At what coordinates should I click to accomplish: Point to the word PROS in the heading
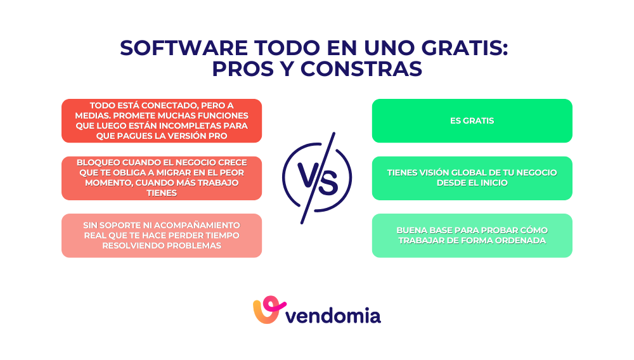(x=239, y=68)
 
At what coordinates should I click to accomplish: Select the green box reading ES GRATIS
(x=472, y=120)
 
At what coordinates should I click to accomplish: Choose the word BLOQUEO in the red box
(x=95, y=162)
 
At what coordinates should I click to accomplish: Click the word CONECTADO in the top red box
(x=167, y=105)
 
